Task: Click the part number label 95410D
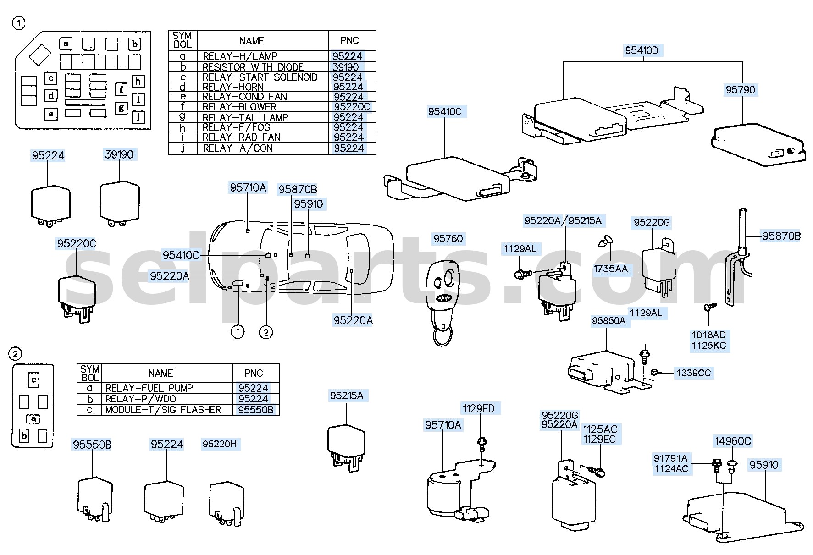point(641,50)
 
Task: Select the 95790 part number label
point(740,90)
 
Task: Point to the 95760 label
point(448,239)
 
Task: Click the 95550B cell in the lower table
point(255,410)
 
